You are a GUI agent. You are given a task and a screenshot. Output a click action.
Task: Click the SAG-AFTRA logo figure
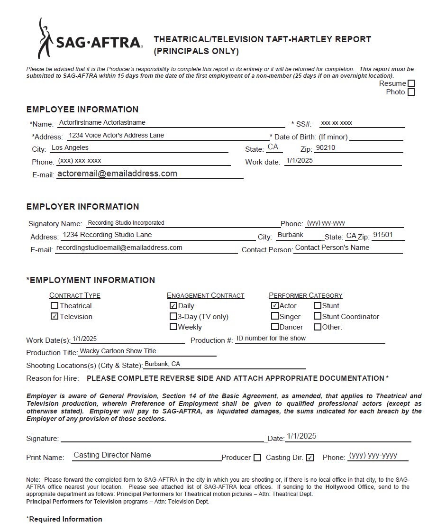45,38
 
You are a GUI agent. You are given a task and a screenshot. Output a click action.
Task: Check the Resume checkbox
411,83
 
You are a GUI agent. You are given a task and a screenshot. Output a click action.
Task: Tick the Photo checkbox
411,92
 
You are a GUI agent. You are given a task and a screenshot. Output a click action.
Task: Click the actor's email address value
117,174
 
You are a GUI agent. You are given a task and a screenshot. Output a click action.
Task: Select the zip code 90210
326,148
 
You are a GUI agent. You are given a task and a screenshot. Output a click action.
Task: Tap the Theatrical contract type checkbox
55,306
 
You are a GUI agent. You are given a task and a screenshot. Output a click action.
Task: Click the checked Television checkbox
55,317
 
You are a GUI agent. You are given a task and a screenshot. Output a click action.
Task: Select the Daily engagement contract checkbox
173,306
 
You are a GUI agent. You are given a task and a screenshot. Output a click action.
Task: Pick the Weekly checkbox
173,327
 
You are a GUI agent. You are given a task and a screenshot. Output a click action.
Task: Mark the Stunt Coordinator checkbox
318,317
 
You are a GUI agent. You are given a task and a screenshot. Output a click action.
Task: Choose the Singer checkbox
275,316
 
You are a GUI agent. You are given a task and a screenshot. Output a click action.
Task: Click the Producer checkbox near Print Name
257,458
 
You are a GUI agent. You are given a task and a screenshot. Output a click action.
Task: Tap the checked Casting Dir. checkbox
310,458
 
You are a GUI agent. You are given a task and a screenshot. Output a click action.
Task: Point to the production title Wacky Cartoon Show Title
118,351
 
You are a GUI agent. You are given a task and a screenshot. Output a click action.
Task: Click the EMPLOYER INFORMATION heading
83,207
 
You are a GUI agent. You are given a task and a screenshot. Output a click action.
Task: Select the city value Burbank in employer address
291,235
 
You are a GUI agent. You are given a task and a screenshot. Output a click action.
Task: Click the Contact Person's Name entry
332,248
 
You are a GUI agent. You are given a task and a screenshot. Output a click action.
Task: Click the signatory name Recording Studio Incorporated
126,223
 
